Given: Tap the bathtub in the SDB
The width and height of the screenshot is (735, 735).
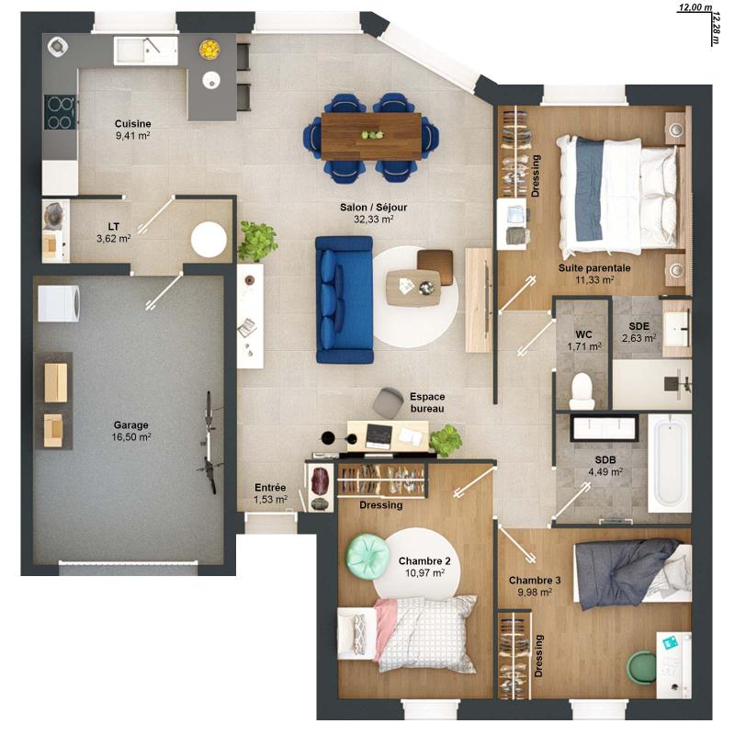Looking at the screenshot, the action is coord(670,463).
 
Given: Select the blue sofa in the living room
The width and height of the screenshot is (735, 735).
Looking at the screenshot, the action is coord(344,300).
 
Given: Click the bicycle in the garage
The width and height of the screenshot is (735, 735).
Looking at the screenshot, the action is coord(209,442).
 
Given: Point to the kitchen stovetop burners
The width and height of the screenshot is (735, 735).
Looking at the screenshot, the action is coord(60,112).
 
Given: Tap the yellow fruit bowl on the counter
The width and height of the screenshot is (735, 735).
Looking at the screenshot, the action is coord(209,50).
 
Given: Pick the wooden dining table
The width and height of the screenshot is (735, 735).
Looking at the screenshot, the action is coord(371,136).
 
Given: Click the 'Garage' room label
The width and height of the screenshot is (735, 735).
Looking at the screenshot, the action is coord(131,424).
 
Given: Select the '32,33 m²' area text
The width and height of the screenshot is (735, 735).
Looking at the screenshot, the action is coord(374,219).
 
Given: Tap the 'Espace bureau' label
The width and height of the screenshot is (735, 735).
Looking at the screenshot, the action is coord(427,402).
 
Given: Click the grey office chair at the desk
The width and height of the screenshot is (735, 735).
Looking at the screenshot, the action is coord(389,402).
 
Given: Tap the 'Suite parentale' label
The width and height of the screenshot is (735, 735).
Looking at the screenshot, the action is coord(594,268).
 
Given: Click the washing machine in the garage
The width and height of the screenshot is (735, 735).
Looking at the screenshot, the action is coord(59,303).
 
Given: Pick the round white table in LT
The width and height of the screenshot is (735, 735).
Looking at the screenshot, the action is coord(209,239).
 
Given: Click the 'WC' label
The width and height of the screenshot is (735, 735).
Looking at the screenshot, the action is coord(583,334).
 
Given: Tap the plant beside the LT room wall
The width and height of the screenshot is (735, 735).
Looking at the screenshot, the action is coord(256,241).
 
